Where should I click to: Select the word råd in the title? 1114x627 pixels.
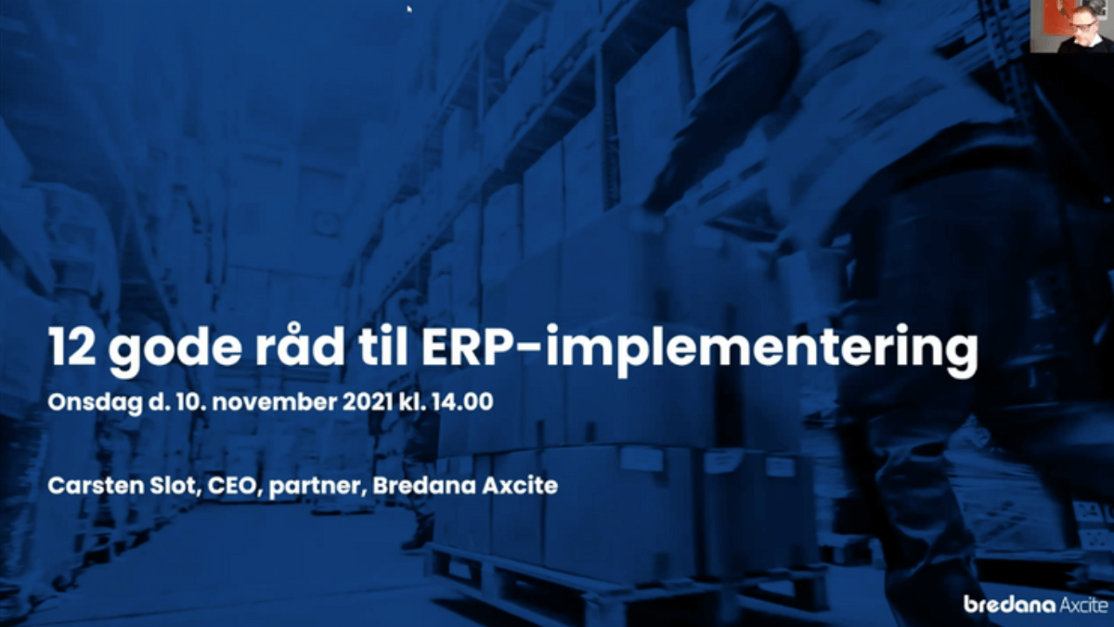pos(300,345)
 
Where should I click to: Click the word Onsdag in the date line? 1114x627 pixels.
pos(94,403)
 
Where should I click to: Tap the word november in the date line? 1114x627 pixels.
pos(275,402)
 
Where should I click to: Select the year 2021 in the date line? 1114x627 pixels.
pos(369,402)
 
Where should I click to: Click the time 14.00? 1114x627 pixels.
pos(462,402)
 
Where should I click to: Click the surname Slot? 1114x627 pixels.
pos(175,486)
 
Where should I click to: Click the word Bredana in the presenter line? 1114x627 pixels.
pos(424,486)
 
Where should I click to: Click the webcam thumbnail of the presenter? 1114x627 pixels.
pos(1071,26)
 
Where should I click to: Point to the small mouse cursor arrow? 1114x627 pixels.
pos(409,8)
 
